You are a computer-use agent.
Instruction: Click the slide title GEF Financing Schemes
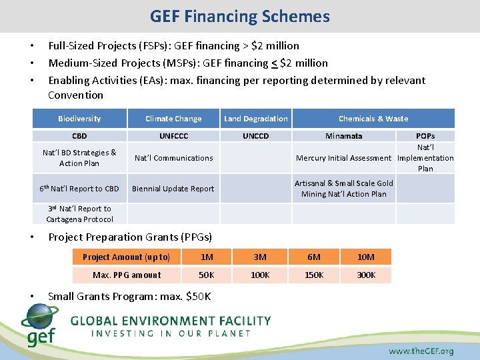pyautogui.click(x=240, y=16)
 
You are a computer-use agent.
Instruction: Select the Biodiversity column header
pyautogui.click(x=79, y=119)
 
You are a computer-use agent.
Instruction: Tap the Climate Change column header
pyautogui.click(x=173, y=119)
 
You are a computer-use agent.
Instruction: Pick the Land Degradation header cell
pyautogui.click(x=256, y=119)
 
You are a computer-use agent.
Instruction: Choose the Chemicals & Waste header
pyautogui.click(x=373, y=119)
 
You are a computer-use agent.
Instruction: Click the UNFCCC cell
pyautogui.click(x=173, y=136)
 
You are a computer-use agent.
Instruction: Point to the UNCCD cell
pyautogui.click(x=256, y=136)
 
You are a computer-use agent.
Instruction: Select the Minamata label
pyautogui.click(x=344, y=136)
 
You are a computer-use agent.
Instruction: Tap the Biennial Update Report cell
pyautogui.click(x=173, y=189)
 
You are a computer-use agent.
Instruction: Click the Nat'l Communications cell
pyautogui.click(x=173, y=158)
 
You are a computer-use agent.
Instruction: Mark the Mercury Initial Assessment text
pyautogui.click(x=344, y=158)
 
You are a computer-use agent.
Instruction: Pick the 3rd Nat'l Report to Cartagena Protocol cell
pyautogui.click(x=79, y=213)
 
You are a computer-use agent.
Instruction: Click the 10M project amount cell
pyautogui.click(x=366, y=257)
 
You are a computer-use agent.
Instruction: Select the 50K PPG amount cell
pyautogui.click(x=207, y=275)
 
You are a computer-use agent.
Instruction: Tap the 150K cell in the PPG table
pyautogui.click(x=314, y=275)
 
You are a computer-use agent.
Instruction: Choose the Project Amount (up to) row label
pyautogui.click(x=127, y=257)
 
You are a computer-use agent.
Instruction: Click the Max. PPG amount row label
pyautogui.click(x=127, y=275)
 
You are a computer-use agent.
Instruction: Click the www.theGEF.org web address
pyautogui.click(x=421, y=351)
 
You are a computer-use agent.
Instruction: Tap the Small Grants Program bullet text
pyautogui.click(x=129, y=296)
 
